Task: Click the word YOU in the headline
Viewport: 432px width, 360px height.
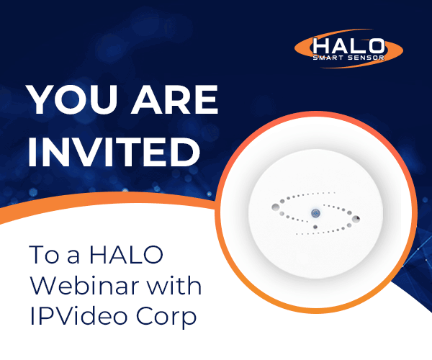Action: coord(73,99)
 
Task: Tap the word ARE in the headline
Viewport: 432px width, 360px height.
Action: coord(174,99)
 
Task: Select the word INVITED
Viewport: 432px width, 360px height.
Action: coord(114,152)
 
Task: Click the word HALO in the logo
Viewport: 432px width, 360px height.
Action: coord(348,46)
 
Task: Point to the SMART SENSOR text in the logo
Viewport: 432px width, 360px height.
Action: coord(348,58)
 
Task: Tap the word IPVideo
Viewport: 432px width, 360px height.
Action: coord(78,316)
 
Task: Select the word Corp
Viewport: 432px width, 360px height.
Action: coord(166,318)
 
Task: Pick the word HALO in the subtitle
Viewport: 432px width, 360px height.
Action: coord(127,254)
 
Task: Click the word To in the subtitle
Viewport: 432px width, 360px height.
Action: coord(44,254)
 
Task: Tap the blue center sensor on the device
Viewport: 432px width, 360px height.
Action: coord(316,213)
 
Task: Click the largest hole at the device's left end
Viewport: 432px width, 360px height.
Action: coord(275,207)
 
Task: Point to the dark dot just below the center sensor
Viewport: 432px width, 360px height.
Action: coord(315,227)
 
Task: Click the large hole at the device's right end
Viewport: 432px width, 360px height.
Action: coord(356,219)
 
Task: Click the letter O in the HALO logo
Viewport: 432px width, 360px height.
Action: coord(376,46)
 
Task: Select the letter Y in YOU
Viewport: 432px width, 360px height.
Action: coord(41,99)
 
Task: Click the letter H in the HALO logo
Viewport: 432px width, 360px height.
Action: coord(321,46)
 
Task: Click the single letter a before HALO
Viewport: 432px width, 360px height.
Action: coord(73,256)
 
